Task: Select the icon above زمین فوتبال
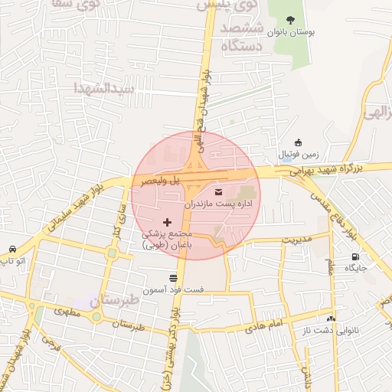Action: tap(298, 142)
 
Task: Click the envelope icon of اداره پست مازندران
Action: tap(220, 191)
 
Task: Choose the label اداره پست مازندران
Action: tap(218, 205)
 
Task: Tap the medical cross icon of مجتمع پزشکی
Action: tap(168, 222)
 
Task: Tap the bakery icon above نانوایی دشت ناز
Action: tap(330, 318)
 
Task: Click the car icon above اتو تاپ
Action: tap(13, 250)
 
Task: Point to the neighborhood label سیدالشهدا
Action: tap(103, 88)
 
